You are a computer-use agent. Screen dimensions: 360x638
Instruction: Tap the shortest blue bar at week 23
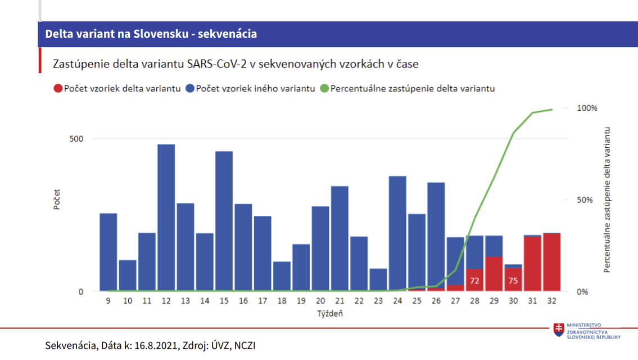coord(378,280)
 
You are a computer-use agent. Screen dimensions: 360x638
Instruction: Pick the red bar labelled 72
coord(474,280)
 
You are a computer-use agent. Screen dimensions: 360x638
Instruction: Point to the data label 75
coord(513,280)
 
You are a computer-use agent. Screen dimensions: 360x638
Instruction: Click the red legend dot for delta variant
coord(57,88)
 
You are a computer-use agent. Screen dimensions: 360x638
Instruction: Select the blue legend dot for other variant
coord(191,88)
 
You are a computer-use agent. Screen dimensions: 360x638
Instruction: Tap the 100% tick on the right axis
coord(587,108)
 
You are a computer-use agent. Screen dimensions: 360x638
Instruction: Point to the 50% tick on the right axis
coord(585,200)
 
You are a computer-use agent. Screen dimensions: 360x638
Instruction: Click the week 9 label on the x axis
coord(108,301)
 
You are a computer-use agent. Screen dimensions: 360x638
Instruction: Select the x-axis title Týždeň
coord(330,314)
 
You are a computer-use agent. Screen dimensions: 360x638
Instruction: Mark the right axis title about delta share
coord(607,200)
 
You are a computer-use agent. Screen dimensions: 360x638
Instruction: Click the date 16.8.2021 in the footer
coord(154,345)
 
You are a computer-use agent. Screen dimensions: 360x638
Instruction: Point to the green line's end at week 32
coord(552,110)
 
